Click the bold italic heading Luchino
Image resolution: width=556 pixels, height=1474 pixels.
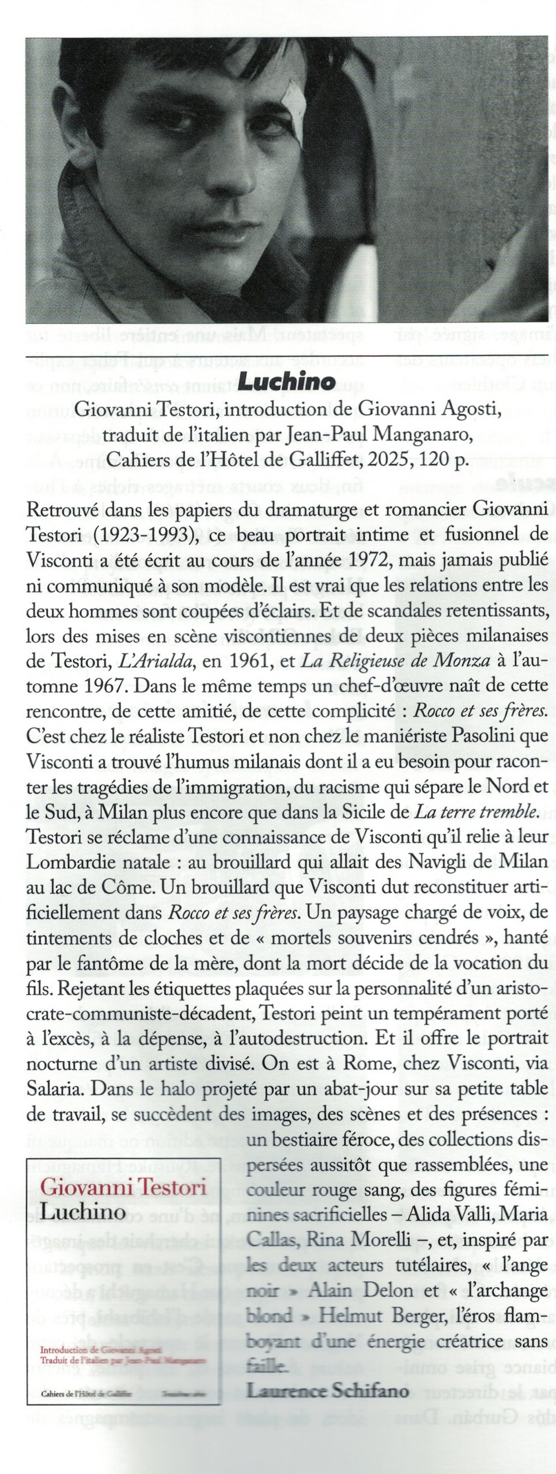286,381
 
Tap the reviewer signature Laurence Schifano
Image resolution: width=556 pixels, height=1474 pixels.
328,1390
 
